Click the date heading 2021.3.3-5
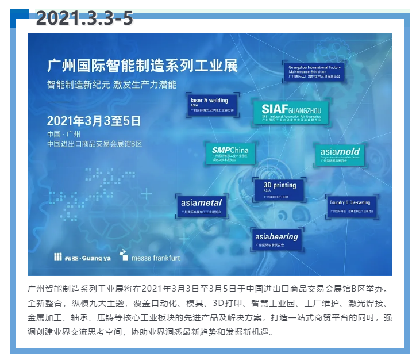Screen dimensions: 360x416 [84, 18]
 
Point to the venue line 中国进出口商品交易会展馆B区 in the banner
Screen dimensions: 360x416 [95, 144]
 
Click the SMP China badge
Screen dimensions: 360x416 [229, 152]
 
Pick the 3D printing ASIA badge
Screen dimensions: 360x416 [279, 189]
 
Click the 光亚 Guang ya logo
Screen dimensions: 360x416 [82, 257]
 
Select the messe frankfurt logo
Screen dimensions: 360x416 [149, 256]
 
